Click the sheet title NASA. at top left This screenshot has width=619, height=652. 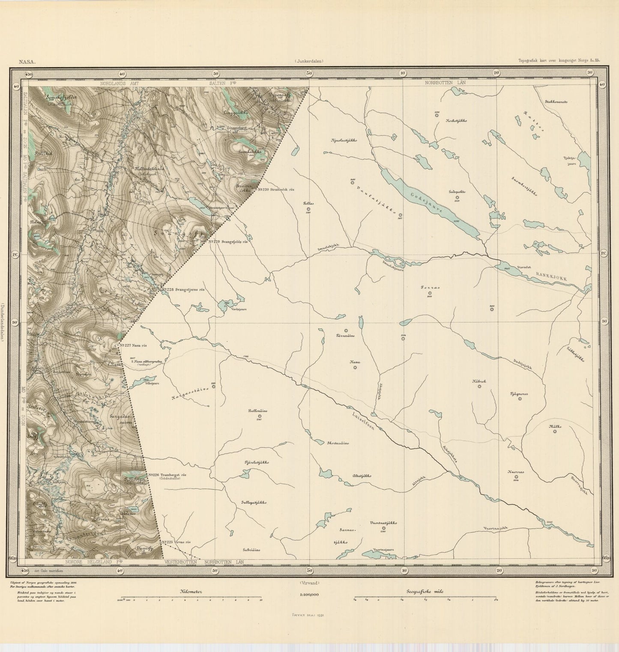click(27, 61)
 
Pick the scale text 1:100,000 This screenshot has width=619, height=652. click(309, 595)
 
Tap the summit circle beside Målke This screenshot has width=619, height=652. click(555, 432)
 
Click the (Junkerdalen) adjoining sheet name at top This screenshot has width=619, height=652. click(309, 61)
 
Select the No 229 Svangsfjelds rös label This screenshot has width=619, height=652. click(228, 242)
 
